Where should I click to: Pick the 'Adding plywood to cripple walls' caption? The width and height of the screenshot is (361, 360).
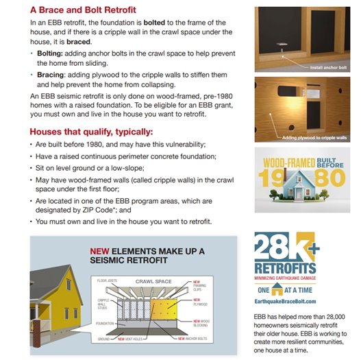pyautogui.click(x=316, y=138)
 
